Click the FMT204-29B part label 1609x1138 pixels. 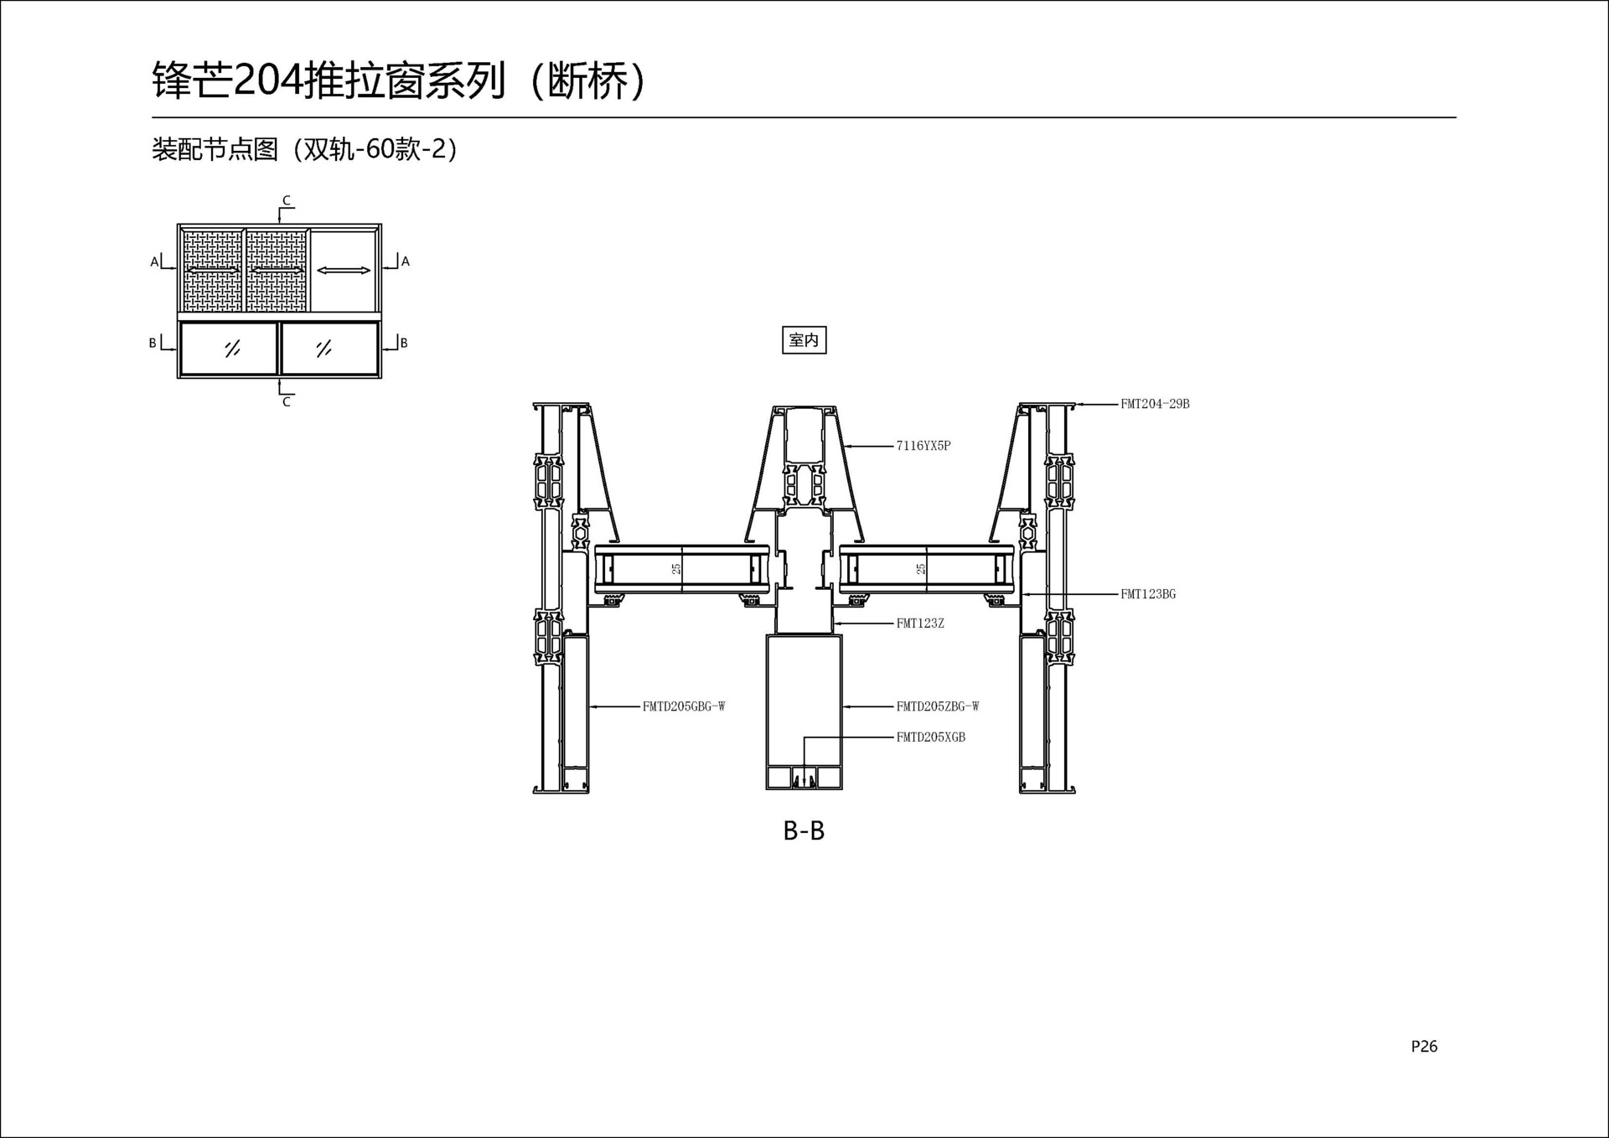[1155, 404]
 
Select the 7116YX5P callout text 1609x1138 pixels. [923, 446]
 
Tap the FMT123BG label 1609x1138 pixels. [1148, 594]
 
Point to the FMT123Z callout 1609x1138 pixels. [920, 623]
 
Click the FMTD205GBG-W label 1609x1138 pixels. [684, 706]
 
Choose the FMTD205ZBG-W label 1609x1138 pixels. [938, 706]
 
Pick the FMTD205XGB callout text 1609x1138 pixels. [931, 737]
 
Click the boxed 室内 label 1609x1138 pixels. [804, 340]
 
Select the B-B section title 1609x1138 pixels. [804, 830]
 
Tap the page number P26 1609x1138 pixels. [1424, 1046]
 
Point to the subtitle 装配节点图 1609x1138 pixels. [215, 149]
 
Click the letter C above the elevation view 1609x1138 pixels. [287, 200]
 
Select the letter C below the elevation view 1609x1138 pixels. [287, 402]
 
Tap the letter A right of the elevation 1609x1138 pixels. [406, 261]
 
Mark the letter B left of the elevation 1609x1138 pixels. [153, 343]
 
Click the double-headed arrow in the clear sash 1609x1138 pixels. [344, 270]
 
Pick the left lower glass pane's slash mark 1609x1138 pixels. [232, 348]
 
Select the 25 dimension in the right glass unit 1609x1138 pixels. [921, 569]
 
